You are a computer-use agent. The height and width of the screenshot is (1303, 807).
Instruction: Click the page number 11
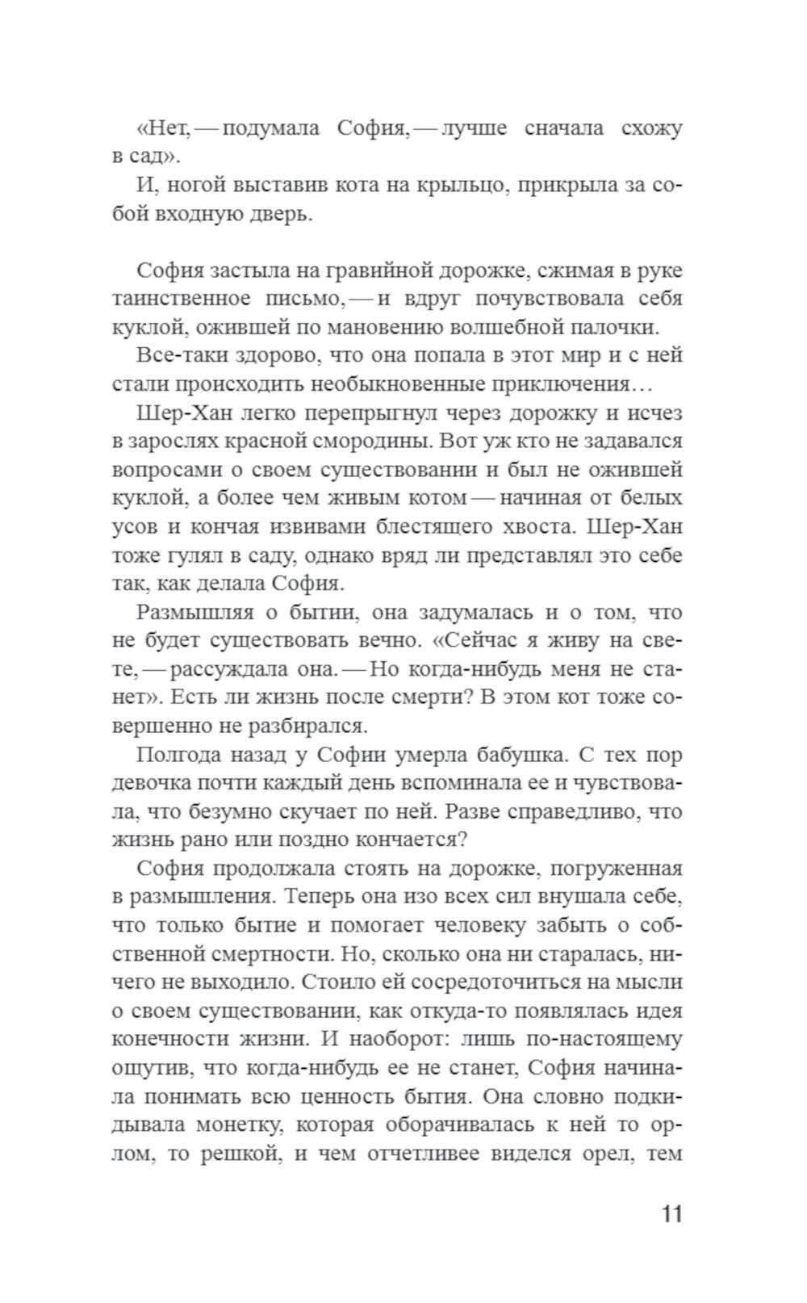[671, 1214]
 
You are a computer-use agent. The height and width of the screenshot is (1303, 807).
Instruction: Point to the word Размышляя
[194, 612]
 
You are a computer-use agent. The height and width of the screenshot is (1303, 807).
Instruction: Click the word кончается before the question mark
[399, 840]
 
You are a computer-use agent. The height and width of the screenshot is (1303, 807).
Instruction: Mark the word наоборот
[431, 1039]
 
